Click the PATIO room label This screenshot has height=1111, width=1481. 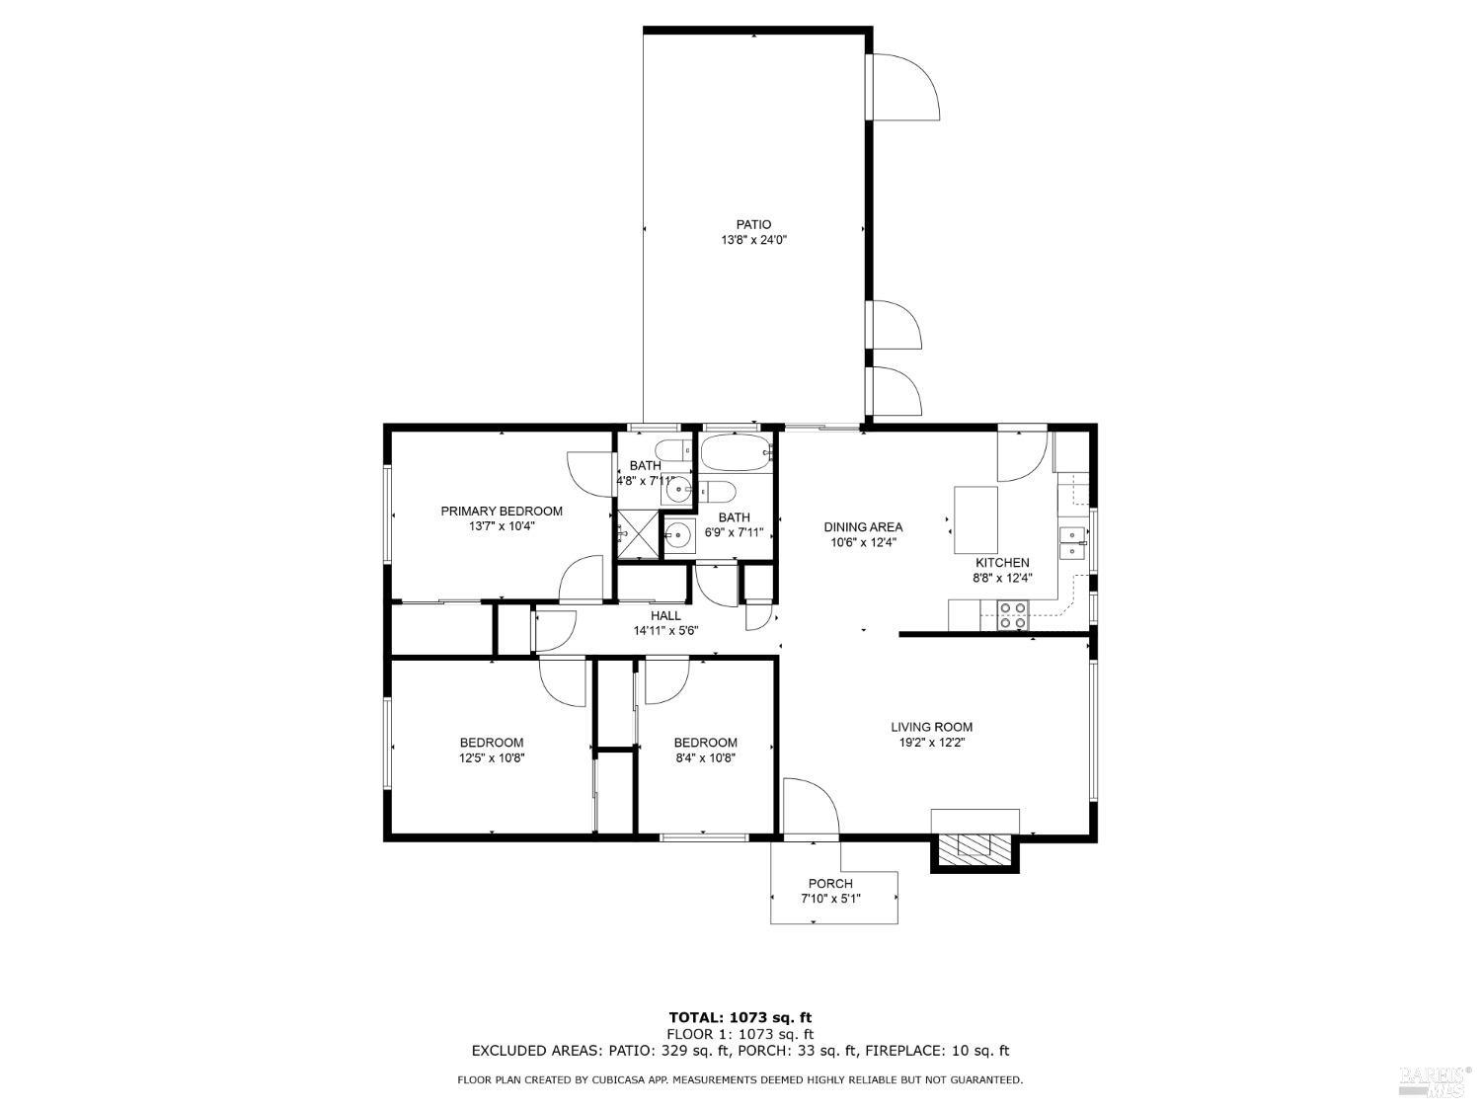tap(753, 224)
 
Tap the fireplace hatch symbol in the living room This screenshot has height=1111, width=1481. tap(974, 847)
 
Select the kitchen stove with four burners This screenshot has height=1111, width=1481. tap(1012, 614)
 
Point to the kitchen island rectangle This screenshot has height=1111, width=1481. tap(975, 519)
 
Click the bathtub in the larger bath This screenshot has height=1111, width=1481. tap(736, 453)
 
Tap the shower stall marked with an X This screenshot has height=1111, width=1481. tap(637, 534)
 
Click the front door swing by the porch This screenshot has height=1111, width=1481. tap(810, 807)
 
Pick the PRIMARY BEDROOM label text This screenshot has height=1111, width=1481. tap(502, 511)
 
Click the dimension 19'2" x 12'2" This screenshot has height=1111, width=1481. tap(932, 743)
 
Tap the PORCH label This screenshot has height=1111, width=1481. tap(830, 883)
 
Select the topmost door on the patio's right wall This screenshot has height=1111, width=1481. tap(901, 87)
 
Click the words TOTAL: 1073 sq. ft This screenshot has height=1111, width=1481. tap(740, 1017)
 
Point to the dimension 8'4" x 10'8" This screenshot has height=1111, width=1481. tap(706, 758)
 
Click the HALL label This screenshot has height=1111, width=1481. tap(665, 615)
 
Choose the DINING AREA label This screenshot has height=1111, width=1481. tap(863, 526)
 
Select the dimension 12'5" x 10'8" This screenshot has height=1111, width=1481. tap(491, 758)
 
